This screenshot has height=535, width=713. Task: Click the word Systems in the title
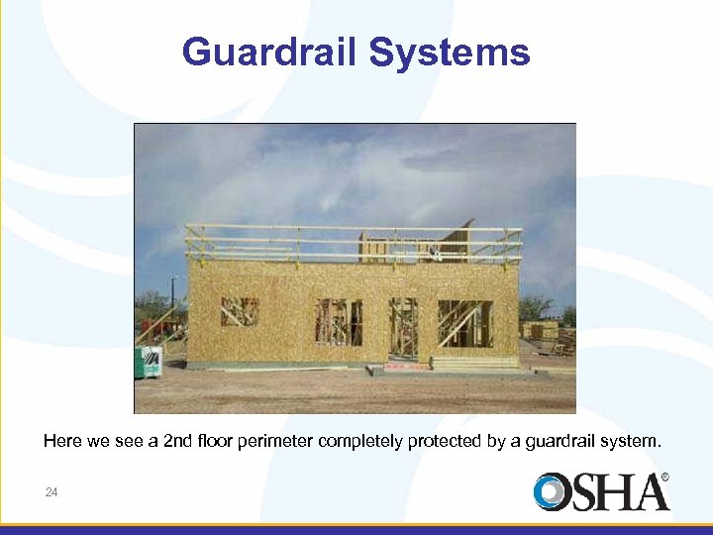(450, 53)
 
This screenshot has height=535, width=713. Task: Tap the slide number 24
(51, 492)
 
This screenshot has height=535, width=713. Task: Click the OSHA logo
(600, 492)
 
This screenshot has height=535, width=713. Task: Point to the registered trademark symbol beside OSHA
(664, 478)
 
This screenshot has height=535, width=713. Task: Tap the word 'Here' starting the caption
(61, 442)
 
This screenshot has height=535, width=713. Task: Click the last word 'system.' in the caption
(633, 442)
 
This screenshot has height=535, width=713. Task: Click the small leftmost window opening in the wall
(240, 312)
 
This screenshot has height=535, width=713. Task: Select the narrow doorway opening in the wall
(403, 327)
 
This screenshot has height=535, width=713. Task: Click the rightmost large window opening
(464, 323)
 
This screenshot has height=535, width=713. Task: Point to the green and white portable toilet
(149, 361)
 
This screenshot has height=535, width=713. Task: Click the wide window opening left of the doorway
(339, 322)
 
